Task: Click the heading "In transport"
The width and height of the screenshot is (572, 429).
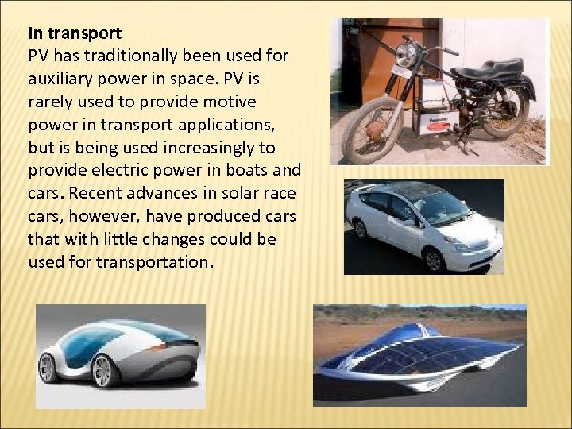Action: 75,34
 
